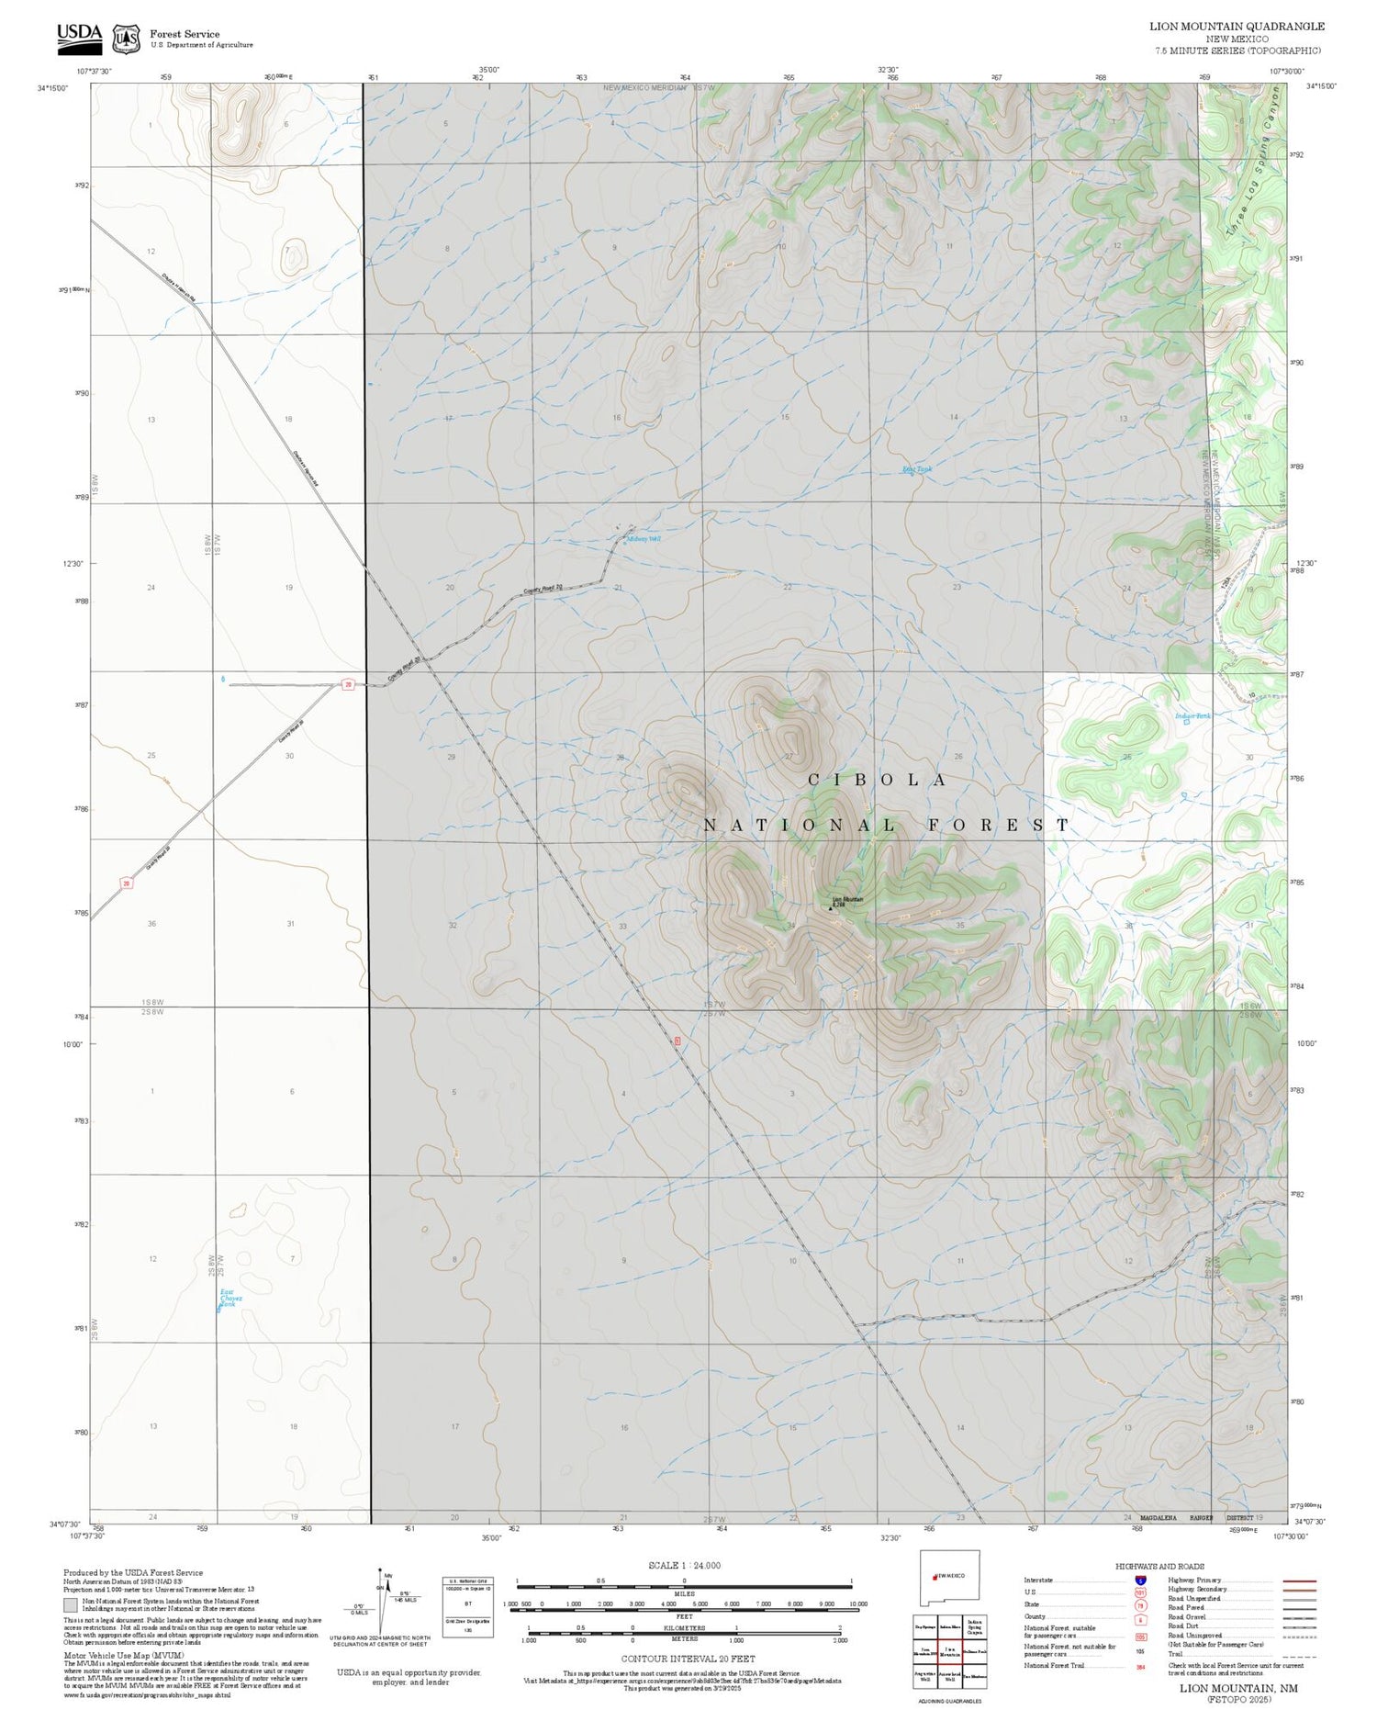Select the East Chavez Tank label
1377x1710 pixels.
(x=229, y=1298)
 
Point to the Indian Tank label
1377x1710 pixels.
(x=1192, y=716)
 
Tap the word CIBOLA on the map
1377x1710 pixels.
(x=877, y=780)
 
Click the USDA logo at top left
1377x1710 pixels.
(x=79, y=35)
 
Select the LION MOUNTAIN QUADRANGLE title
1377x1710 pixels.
(x=1237, y=27)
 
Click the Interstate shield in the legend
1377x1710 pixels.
(x=1140, y=1581)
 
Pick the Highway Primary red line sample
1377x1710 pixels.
(x=1295, y=1581)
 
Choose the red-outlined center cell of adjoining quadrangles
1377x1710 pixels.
(x=949, y=1651)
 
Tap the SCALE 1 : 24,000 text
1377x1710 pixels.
(x=684, y=1565)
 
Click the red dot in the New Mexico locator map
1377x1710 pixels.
(x=935, y=1576)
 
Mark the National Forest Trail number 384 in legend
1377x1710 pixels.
(x=1140, y=1667)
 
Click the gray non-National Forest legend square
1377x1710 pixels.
(x=70, y=1606)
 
